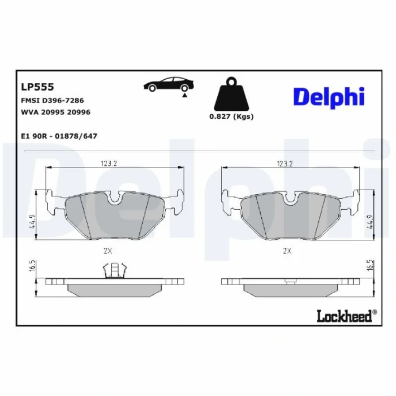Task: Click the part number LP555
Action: click(x=37, y=87)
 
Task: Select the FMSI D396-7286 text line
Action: click(x=52, y=100)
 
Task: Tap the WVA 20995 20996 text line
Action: click(x=55, y=112)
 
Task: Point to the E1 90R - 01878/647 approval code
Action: click(x=59, y=136)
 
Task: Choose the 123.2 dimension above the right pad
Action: click(x=285, y=164)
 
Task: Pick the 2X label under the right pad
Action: click(x=287, y=249)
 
